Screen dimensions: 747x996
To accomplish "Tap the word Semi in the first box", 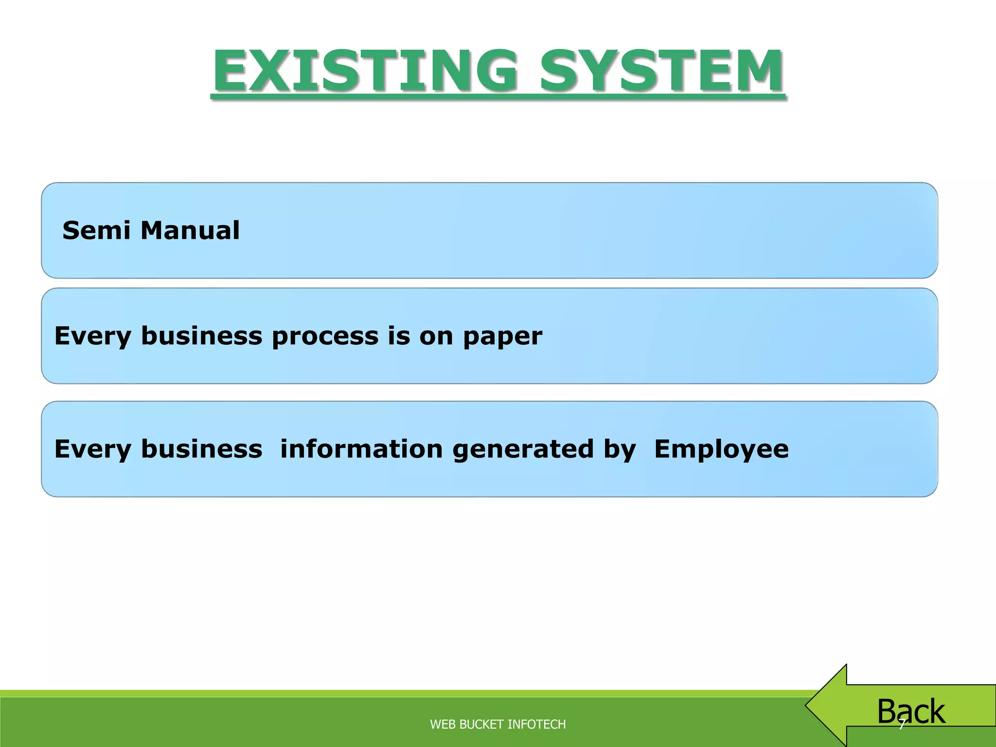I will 96,230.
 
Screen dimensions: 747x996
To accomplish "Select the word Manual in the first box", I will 190,230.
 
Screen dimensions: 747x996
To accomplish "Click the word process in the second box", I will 325,336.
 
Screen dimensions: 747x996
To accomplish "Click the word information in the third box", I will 361,448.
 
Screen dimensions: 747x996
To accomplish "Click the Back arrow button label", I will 911,711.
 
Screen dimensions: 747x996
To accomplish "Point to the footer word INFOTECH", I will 536,724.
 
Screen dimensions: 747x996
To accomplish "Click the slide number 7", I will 901,725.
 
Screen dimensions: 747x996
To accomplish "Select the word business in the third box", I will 201,448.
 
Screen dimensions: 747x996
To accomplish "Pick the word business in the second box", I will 201,336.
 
